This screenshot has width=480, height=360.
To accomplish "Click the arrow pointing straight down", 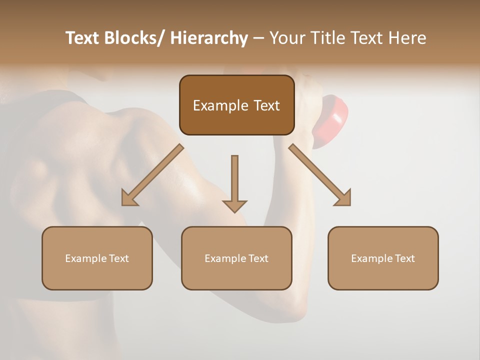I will [x=234, y=182].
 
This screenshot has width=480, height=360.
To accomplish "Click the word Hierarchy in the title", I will [x=208, y=38].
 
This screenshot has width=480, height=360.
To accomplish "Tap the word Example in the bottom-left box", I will [x=85, y=258].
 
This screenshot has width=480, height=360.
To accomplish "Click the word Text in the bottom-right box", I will [x=404, y=258].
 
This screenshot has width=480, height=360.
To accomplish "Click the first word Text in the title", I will [x=82, y=38].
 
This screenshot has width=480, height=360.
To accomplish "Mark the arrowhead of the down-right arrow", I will [x=342, y=197].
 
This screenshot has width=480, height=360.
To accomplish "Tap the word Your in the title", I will [x=287, y=38].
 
